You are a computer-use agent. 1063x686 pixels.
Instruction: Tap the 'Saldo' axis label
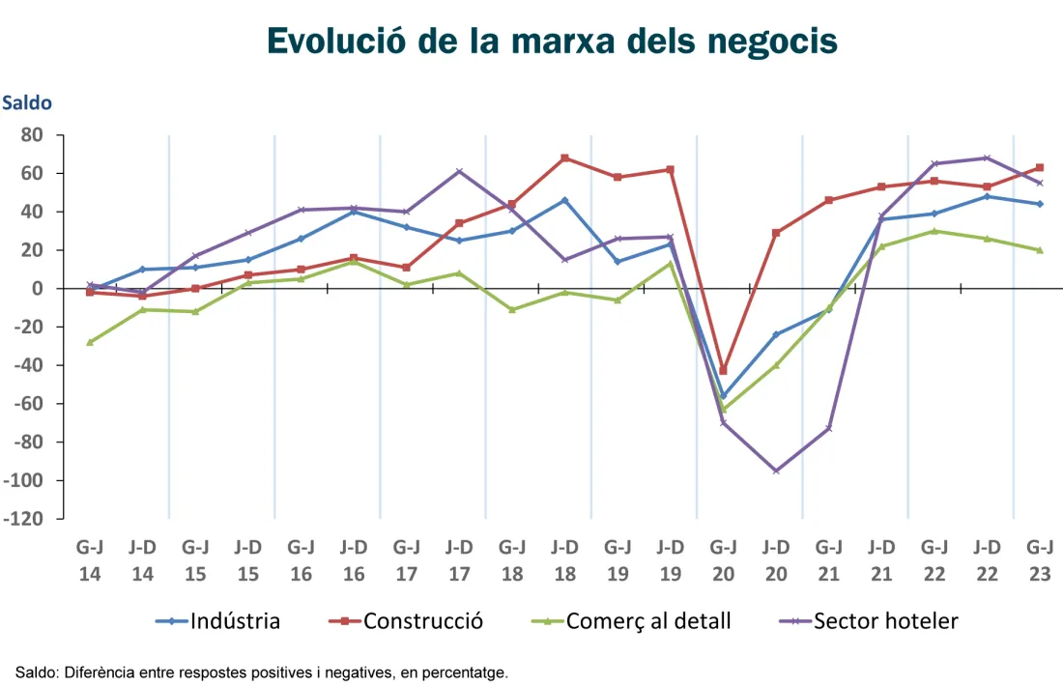pyautogui.click(x=27, y=102)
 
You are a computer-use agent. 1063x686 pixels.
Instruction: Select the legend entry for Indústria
pyautogui.click(x=235, y=621)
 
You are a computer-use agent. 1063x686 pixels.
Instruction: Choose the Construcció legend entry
pyautogui.click(x=422, y=621)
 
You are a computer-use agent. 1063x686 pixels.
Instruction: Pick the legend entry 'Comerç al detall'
pyautogui.click(x=648, y=621)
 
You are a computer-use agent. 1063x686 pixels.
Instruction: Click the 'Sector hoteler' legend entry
pyautogui.click(x=885, y=621)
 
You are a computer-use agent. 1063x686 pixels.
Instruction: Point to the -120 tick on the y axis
pyautogui.click(x=25, y=519)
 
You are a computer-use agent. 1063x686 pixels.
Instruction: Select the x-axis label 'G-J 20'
pyautogui.click(x=723, y=559)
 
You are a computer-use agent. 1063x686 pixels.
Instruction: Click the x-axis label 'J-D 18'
pyautogui.click(x=564, y=559)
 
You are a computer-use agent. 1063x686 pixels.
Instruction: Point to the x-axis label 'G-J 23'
pyautogui.click(x=1039, y=559)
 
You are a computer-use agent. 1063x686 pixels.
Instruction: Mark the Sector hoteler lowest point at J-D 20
pyautogui.click(x=776, y=471)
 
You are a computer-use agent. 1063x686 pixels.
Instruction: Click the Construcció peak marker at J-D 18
pyautogui.click(x=564, y=157)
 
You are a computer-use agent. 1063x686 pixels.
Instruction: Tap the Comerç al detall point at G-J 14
pyautogui.click(x=90, y=342)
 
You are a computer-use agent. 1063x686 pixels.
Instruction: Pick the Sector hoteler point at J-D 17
pyautogui.click(x=459, y=171)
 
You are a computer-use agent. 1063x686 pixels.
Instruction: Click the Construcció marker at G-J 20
pyautogui.click(x=723, y=371)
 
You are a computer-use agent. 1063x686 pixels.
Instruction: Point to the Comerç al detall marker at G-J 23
pyautogui.click(x=1039, y=250)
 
